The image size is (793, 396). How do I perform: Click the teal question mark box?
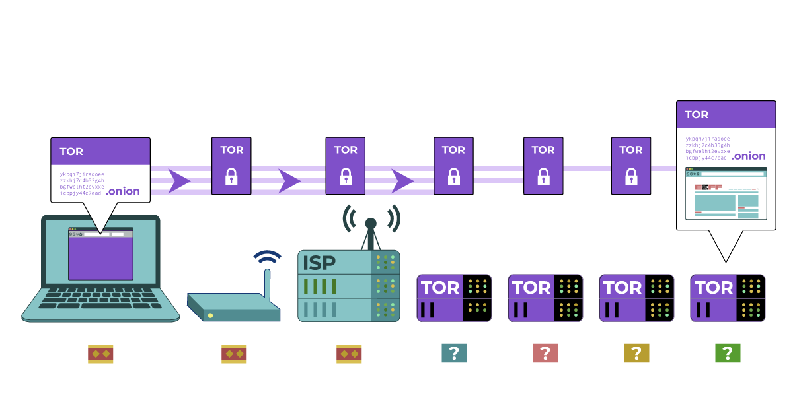point(454,354)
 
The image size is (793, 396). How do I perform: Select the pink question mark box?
point(545,354)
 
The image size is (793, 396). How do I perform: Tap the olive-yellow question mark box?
point(636,354)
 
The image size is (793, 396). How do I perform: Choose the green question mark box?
point(728,354)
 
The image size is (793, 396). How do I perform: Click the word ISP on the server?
point(319,263)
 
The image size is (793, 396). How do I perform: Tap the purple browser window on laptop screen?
point(100,257)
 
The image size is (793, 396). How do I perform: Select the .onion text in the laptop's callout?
point(123,191)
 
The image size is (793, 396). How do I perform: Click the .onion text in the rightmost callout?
point(749,156)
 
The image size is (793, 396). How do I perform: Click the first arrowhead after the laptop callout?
point(178,181)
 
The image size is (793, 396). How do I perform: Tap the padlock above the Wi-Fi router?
point(231,176)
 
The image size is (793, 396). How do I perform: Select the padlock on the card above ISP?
point(346,176)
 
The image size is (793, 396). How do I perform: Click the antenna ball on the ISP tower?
point(371,223)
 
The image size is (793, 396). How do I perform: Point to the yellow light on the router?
point(211,315)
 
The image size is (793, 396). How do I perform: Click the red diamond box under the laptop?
point(100,354)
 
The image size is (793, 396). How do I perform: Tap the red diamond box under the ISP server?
point(349,354)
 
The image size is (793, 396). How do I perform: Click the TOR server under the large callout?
point(728,298)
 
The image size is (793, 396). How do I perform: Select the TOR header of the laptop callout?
point(71,151)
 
